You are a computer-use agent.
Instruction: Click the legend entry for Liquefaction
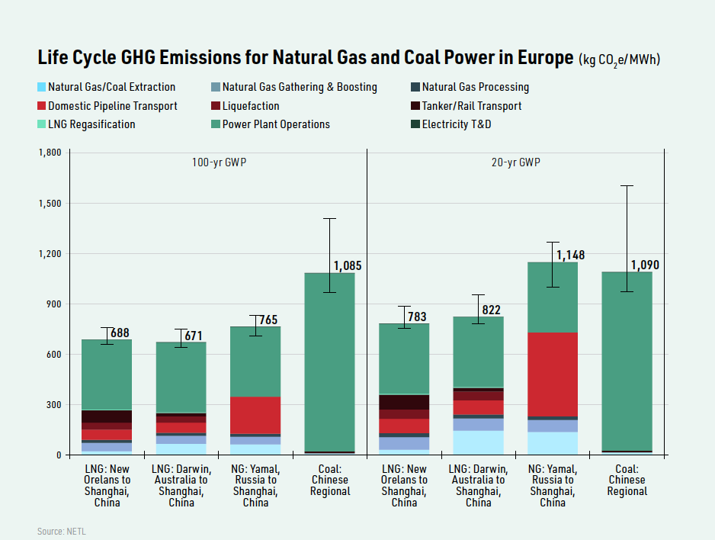point(250,106)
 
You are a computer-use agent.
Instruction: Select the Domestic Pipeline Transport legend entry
point(112,106)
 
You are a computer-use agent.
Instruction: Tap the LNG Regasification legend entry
point(91,124)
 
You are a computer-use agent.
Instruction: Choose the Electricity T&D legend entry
point(456,124)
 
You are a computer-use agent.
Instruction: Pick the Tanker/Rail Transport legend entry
point(471,106)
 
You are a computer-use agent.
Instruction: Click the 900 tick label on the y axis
point(54,304)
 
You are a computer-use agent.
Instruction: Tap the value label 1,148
point(570,255)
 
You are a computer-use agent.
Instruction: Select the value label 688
point(120,333)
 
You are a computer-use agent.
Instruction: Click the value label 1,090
point(645,265)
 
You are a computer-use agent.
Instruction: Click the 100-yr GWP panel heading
point(219,163)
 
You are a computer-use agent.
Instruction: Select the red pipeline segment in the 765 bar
point(255,414)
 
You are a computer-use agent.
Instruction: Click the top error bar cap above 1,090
point(627,185)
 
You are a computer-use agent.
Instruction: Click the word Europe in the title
point(534,58)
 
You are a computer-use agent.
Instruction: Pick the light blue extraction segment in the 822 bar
point(478,442)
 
